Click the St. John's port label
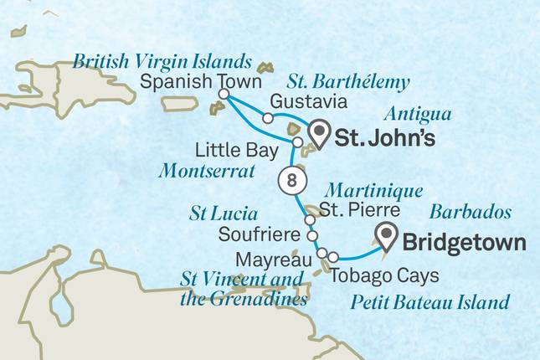click(384, 138)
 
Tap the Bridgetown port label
click(465, 243)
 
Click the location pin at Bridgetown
click(387, 237)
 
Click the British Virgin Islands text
click(162, 61)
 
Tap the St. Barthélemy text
click(348, 82)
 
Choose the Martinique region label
click(373, 190)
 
